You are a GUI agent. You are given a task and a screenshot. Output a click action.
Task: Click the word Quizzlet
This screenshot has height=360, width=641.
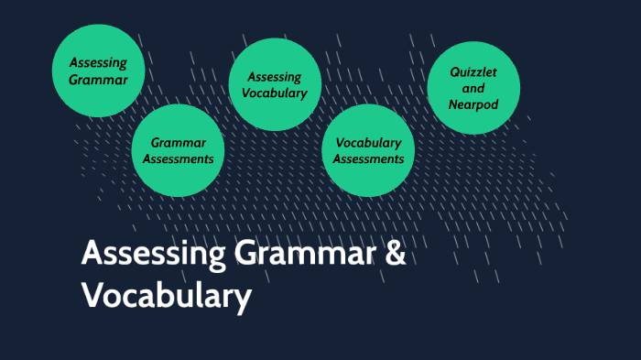click(x=473, y=71)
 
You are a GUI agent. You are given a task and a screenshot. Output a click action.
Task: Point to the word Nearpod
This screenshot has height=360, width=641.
click(x=473, y=104)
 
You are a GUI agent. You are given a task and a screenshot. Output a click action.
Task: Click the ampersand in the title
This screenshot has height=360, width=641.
click(x=394, y=254)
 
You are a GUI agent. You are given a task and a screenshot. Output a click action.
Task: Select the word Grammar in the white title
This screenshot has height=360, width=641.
click(x=302, y=254)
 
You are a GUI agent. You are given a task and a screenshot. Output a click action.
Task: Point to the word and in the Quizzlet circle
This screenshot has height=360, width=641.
click(x=473, y=88)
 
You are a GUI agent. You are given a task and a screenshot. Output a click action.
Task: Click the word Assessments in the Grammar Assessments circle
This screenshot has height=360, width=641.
click(x=179, y=158)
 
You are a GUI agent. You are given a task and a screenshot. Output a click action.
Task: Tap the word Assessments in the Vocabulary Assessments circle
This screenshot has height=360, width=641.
click(x=369, y=158)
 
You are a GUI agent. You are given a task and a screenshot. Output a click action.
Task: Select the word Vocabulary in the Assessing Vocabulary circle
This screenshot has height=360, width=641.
click(x=275, y=93)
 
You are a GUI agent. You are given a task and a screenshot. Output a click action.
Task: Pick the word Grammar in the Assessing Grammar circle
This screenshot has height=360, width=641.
click(x=98, y=79)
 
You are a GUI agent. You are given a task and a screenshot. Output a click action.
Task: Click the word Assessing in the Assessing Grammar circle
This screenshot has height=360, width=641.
click(x=98, y=62)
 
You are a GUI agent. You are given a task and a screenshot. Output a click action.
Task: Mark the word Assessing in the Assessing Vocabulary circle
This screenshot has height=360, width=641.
click(x=275, y=77)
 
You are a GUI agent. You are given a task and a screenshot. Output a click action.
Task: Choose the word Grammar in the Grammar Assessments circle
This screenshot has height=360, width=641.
click(x=179, y=142)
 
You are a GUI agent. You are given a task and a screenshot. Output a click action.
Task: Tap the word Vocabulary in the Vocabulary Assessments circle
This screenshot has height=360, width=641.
click(x=369, y=142)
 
